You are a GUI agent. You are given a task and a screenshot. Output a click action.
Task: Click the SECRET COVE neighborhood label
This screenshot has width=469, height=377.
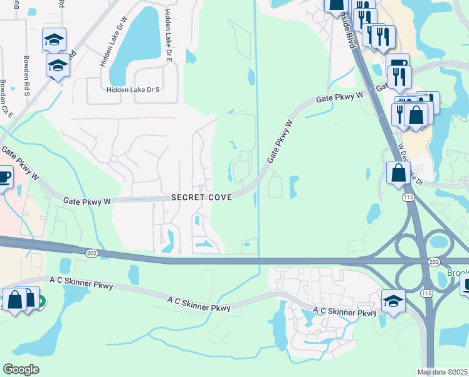pyautogui.click(x=202, y=197)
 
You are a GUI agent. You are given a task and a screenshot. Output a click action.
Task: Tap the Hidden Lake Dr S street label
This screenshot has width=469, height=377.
pyautogui.click(x=134, y=90)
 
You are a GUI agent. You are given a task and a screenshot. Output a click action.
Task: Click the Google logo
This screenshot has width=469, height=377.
pyautogui.click(x=21, y=369)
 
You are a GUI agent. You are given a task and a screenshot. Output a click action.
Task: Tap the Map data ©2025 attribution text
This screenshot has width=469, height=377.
pyautogui.click(x=443, y=372)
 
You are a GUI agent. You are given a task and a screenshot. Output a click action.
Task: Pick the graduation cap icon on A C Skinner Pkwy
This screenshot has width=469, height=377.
pyautogui.click(x=393, y=300)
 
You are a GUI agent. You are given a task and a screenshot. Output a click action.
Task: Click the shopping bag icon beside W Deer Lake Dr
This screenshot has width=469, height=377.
pyautogui.click(x=398, y=171)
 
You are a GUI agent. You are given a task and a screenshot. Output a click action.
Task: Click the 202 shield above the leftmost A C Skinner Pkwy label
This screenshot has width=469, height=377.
pyautogui.click(x=92, y=251)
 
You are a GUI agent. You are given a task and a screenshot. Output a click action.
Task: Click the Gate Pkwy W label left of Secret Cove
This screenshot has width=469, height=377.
pyautogui.click(x=87, y=201)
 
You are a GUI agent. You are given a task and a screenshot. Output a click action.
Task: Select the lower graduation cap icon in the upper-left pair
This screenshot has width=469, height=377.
pyautogui.click(x=58, y=65)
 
